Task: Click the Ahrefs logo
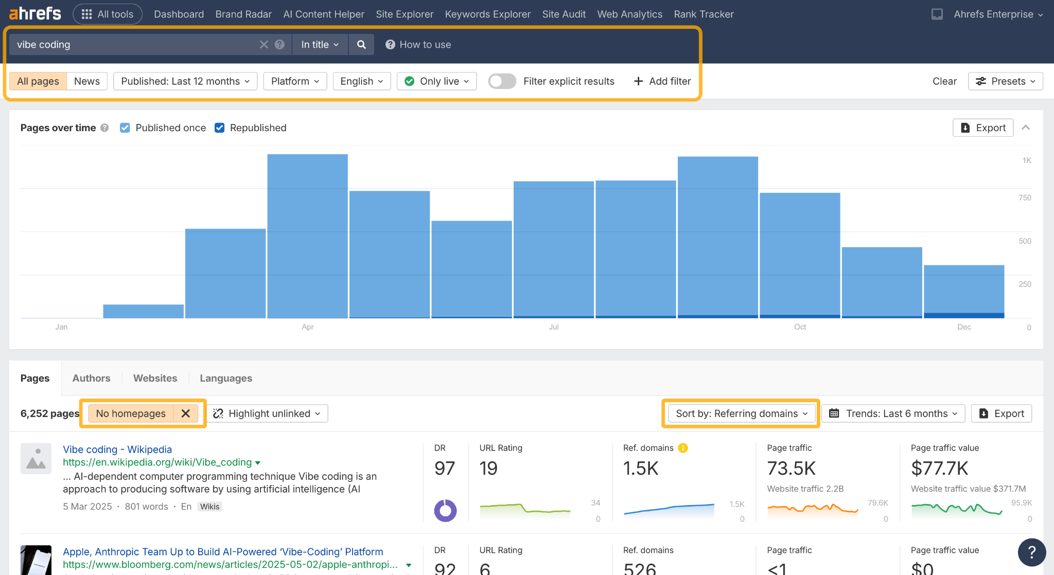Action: [35, 14]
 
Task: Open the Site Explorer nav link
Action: [405, 14]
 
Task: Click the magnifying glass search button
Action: [361, 45]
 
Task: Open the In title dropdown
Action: [320, 45]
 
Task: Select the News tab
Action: [86, 81]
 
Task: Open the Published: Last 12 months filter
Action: [185, 81]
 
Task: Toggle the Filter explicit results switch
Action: [502, 81]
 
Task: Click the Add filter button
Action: [662, 81]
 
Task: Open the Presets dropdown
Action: [1006, 81]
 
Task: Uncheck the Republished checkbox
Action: [220, 128]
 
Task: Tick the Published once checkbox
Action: [125, 128]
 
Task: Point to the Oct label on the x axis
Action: [800, 327]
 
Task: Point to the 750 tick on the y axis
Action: [1025, 198]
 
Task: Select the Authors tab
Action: [91, 378]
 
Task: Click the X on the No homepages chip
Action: [186, 414]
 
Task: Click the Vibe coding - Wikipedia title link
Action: [117, 450]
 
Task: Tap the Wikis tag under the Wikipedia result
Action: [209, 507]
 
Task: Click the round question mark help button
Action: [1031, 552]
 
